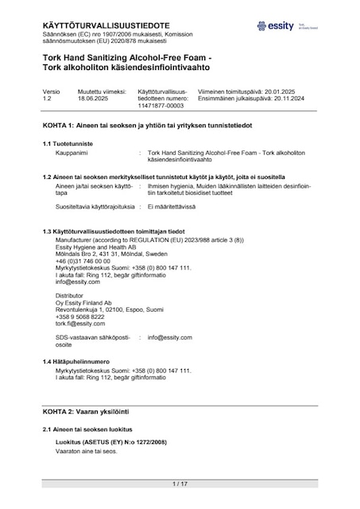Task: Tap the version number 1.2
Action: [48, 98]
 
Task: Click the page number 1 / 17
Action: [180, 484]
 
